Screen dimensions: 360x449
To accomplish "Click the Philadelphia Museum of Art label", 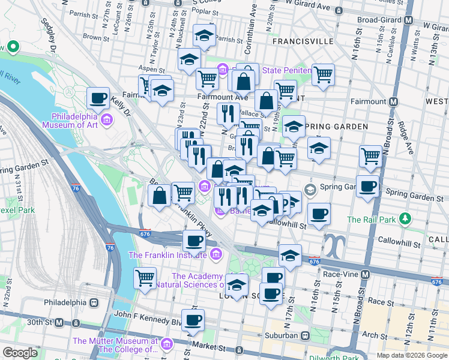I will click(74, 121).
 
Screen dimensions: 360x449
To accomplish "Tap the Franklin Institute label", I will click(169, 256).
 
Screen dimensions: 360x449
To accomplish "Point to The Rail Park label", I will click(371, 220).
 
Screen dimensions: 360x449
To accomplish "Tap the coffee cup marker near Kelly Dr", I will click(98, 98).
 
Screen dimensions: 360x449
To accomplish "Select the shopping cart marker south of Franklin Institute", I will click(145, 278).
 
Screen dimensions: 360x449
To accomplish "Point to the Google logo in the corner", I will click(20, 353).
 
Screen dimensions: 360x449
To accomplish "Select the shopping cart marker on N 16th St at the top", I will click(323, 74).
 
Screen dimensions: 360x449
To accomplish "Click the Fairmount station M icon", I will click(394, 101).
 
